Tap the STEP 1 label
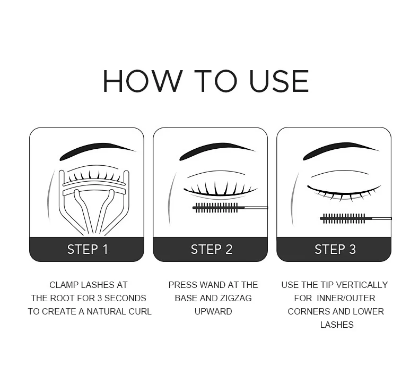[x=88, y=250]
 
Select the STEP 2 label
[x=212, y=250]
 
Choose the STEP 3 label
[x=335, y=250]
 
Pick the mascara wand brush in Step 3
[x=344, y=218]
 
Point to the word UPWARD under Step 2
[x=213, y=311]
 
